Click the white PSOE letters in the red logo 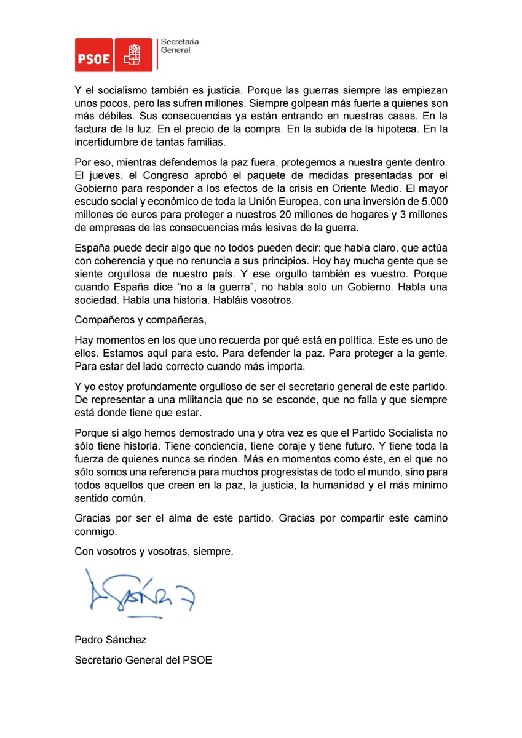(x=93, y=59)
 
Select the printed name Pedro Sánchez (x=111, y=640)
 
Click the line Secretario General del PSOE (x=143, y=661)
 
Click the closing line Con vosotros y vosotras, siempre (x=154, y=552)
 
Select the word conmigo (x=95, y=531)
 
